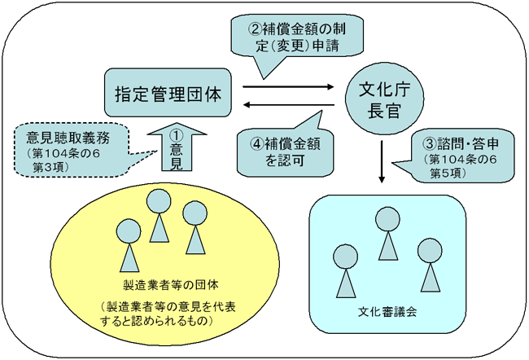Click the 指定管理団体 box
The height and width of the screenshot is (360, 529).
pos(168,93)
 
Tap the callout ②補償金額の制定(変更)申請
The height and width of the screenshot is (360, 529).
pos(297,37)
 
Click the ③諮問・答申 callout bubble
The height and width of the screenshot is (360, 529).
pos(459,156)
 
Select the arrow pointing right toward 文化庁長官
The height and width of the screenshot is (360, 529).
pos(288,87)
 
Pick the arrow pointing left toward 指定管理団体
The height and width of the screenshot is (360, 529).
pos(289,105)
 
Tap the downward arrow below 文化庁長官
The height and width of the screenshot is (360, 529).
pos(382,162)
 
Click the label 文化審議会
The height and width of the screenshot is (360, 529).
pos(387,311)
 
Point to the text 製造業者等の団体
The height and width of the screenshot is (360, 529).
pos(171,285)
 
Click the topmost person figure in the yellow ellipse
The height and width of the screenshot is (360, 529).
pos(159,216)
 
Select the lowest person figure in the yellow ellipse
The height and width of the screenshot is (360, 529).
pos(129,245)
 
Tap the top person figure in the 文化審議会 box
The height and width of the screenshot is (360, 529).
pos(387,234)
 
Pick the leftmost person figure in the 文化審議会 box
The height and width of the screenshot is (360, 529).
pos(345,271)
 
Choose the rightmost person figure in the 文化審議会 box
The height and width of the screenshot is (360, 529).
pos(430,265)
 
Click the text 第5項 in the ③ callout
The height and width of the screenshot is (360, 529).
pos(448,173)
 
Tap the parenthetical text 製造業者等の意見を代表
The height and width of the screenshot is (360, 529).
pos(168,306)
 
